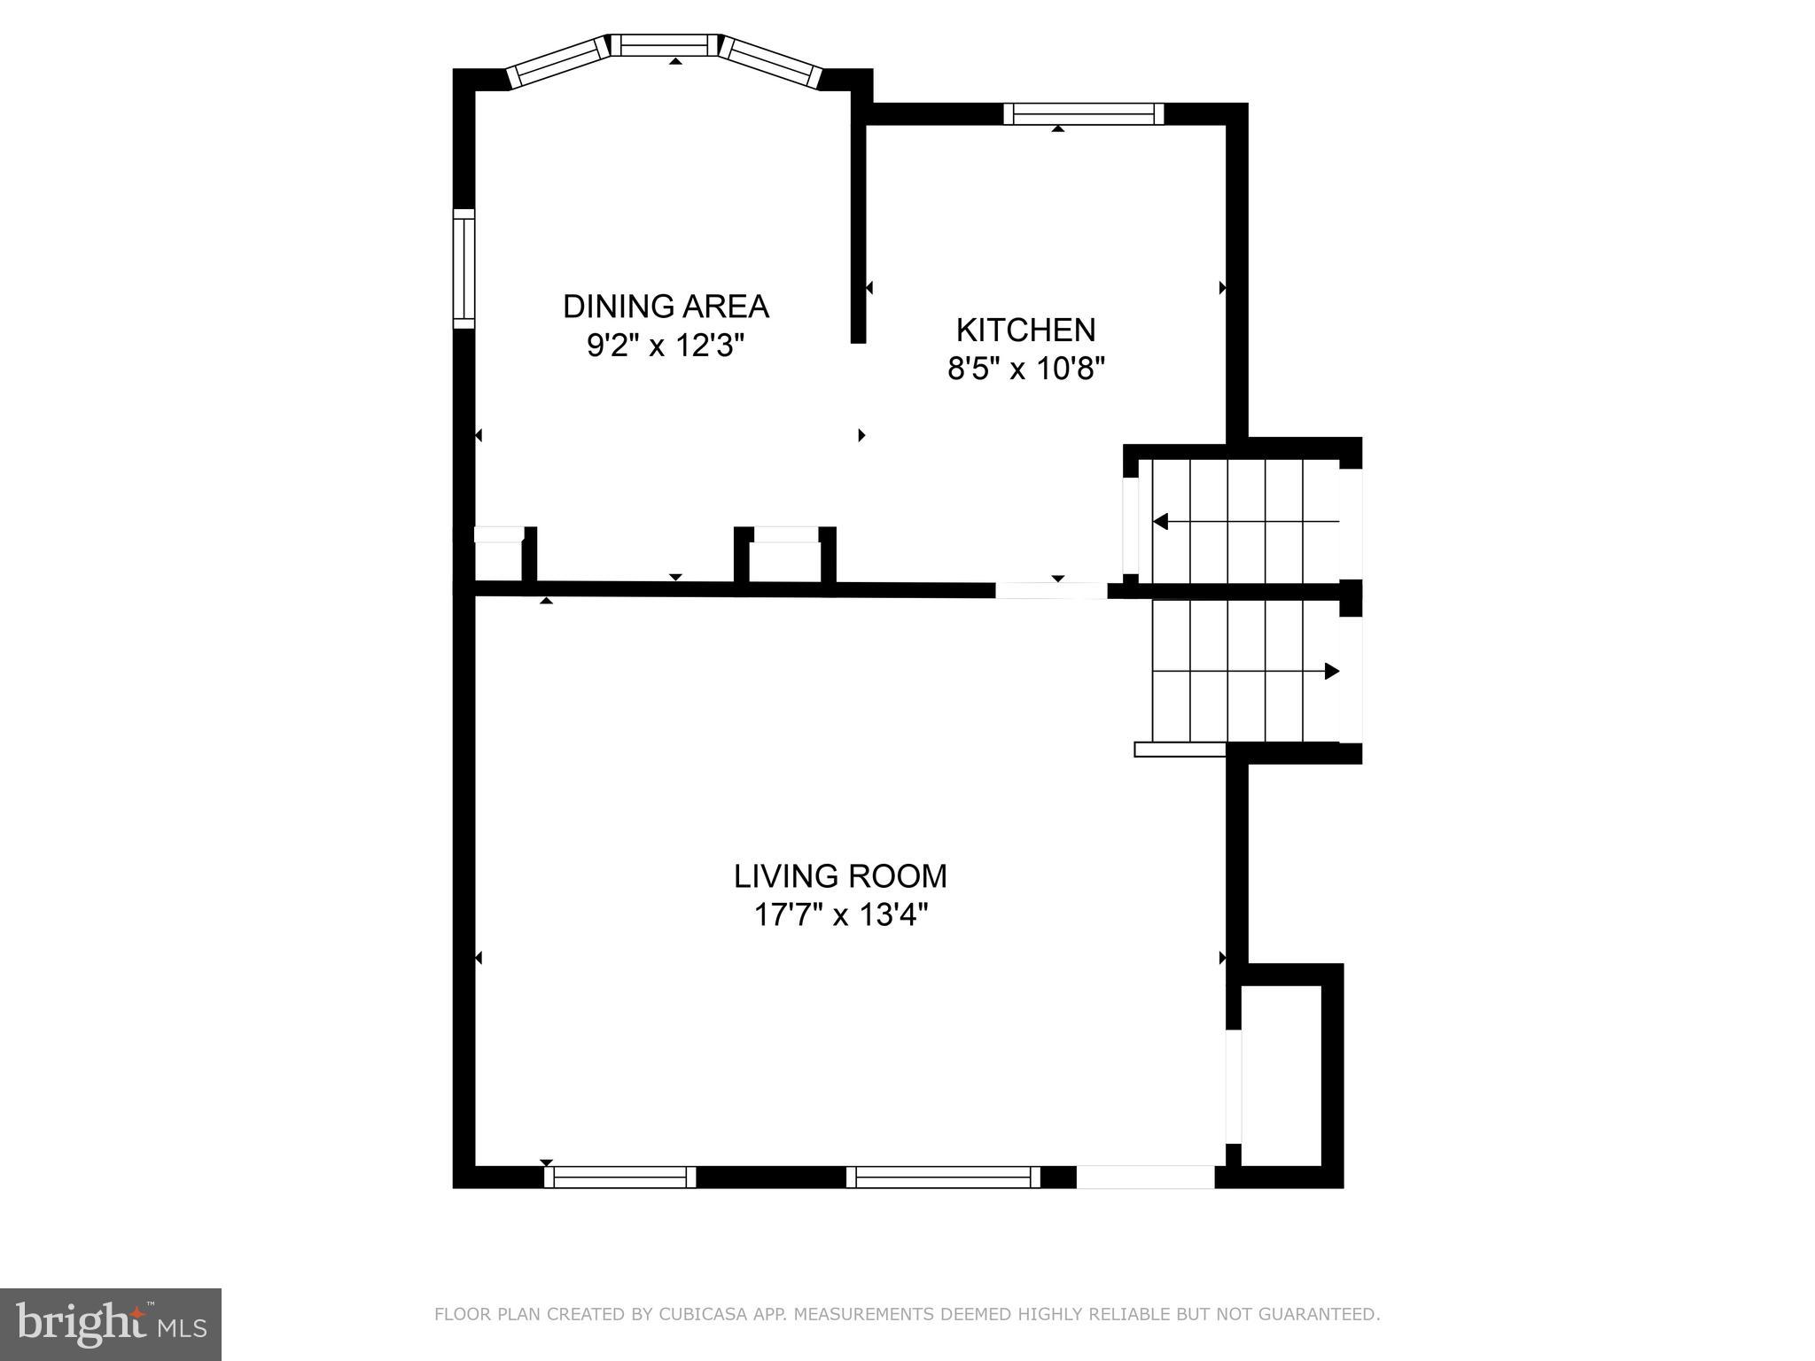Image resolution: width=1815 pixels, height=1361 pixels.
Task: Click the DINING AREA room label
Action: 666,307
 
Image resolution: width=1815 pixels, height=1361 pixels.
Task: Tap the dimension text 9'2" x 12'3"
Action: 665,346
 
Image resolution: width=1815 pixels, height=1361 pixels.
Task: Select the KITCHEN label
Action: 1025,330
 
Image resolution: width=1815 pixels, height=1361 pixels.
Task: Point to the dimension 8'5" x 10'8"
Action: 1026,368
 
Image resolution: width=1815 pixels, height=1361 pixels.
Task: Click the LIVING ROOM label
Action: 840,876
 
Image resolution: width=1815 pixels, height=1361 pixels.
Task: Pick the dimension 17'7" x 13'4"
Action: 840,914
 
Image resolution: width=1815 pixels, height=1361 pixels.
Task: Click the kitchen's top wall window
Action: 1083,113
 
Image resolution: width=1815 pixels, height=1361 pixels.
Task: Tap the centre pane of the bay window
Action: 665,44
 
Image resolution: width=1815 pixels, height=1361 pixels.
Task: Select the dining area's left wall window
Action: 463,268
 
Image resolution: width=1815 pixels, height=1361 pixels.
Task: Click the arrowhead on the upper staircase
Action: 1160,522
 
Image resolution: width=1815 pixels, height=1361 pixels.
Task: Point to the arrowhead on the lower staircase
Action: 1331,672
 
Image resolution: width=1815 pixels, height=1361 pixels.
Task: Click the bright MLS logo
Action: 111,1324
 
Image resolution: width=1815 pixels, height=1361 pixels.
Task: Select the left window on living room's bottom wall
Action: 619,1177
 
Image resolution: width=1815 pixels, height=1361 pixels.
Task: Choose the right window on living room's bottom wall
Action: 943,1177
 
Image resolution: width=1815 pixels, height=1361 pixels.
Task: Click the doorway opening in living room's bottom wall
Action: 1145,1177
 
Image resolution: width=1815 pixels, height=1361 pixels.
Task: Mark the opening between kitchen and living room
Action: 1051,590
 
